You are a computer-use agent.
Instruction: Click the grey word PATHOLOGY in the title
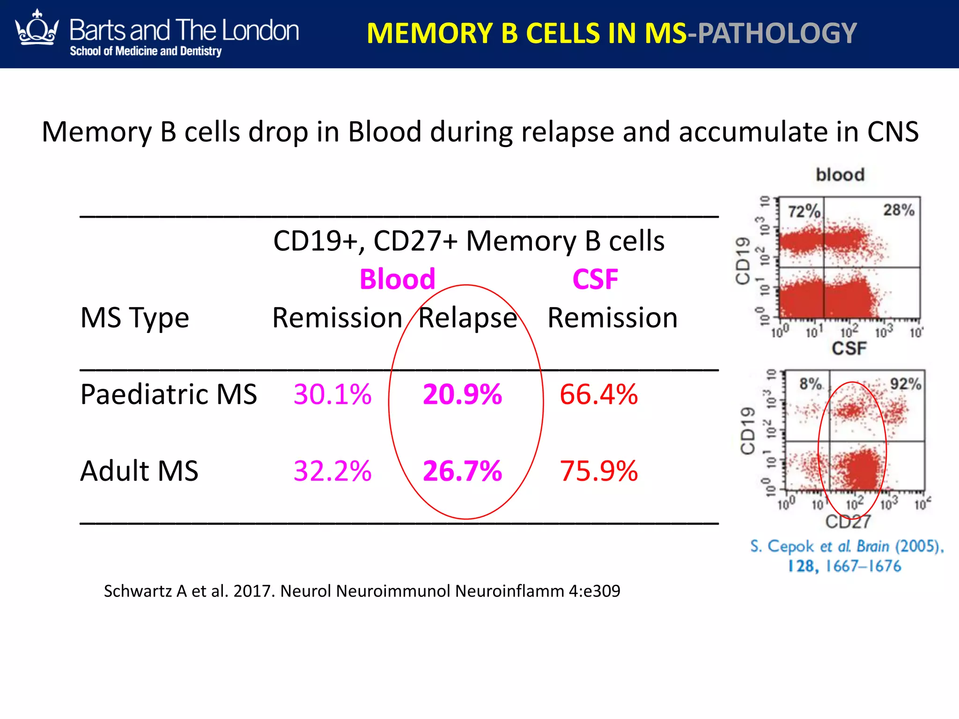[777, 34]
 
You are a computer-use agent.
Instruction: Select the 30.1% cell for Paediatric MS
[332, 394]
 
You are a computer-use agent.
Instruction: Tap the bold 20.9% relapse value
[462, 394]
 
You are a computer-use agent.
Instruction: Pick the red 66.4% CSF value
[598, 394]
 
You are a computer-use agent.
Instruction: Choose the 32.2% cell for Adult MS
[332, 471]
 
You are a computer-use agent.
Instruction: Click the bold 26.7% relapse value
[462, 471]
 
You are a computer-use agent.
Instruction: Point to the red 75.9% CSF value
[598, 471]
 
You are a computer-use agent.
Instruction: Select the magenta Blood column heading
[397, 279]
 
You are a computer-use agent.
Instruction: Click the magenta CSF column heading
[595, 279]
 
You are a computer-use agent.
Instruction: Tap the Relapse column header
[467, 318]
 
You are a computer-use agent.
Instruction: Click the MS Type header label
[134, 318]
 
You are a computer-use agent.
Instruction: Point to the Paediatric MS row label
[169, 394]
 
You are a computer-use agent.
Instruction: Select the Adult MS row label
[139, 471]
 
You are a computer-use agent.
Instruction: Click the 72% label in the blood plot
[804, 212]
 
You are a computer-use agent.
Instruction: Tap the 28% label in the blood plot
[899, 210]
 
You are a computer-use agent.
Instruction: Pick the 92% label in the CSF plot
[905, 384]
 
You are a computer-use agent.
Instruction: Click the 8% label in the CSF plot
[811, 384]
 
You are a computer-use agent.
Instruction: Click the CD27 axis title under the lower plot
[848, 521]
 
